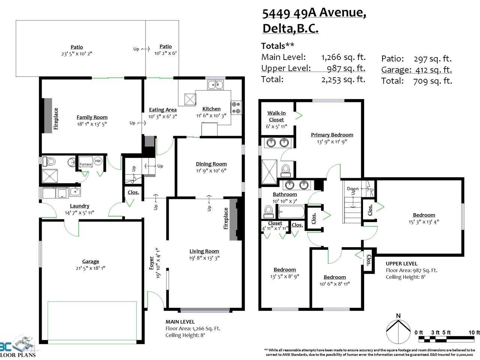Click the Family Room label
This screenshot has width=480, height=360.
pos(92,117)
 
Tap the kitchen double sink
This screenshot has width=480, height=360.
pos(215,85)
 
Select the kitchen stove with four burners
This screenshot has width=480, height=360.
pos(236,107)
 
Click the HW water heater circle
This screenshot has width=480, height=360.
pos(98,161)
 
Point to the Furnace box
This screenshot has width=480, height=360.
pos(85,162)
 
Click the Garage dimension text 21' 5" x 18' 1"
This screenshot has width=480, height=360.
pos(90,268)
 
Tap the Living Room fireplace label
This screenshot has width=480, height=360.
pos(226,218)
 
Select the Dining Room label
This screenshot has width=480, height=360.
pos(211,164)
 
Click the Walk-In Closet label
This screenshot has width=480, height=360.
pos(276,116)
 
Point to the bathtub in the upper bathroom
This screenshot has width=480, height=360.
pos(291,211)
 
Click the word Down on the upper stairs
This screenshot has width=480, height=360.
pos(353,188)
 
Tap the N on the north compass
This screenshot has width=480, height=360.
pos(398,316)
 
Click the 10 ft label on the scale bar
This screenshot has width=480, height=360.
pos(474,333)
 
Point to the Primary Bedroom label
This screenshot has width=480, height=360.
pos(332,135)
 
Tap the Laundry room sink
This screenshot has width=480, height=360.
pos(75,192)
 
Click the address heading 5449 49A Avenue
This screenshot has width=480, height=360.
pos(314,13)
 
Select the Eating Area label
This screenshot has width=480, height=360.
pos(163,110)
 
